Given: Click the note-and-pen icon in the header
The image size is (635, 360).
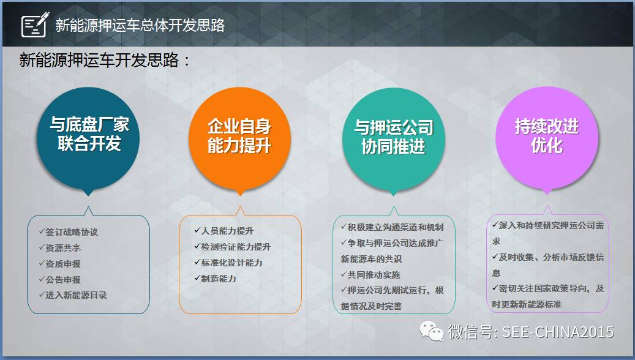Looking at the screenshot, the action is [x=35, y=24].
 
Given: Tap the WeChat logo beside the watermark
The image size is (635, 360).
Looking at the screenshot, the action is [x=431, y=331].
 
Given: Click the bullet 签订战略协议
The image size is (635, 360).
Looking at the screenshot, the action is [x=69, y=232].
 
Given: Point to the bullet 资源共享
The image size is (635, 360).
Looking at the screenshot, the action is [x=59, y=248].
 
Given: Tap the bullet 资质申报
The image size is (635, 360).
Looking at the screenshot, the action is [x=59, y=264].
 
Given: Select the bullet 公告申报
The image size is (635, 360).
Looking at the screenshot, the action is [x=59, y=279].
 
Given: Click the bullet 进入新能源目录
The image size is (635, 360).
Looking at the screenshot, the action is [x=73, y=295].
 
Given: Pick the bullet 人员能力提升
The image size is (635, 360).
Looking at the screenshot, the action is [x=224, y=231].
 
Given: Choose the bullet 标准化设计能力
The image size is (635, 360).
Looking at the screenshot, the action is [x=228, y=263].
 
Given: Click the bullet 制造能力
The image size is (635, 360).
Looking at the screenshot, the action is [x=215, y=278].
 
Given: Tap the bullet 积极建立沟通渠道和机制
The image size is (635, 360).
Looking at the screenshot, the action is [x=392, y=227].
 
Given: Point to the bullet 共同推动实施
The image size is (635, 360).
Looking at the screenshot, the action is [x=370, y=274].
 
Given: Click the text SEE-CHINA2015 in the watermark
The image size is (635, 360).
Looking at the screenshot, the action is [x=558, y=332].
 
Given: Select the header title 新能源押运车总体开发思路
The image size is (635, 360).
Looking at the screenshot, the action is [x=140, y=25].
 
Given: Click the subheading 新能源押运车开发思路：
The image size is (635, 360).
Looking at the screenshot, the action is [x=105, y=61].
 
